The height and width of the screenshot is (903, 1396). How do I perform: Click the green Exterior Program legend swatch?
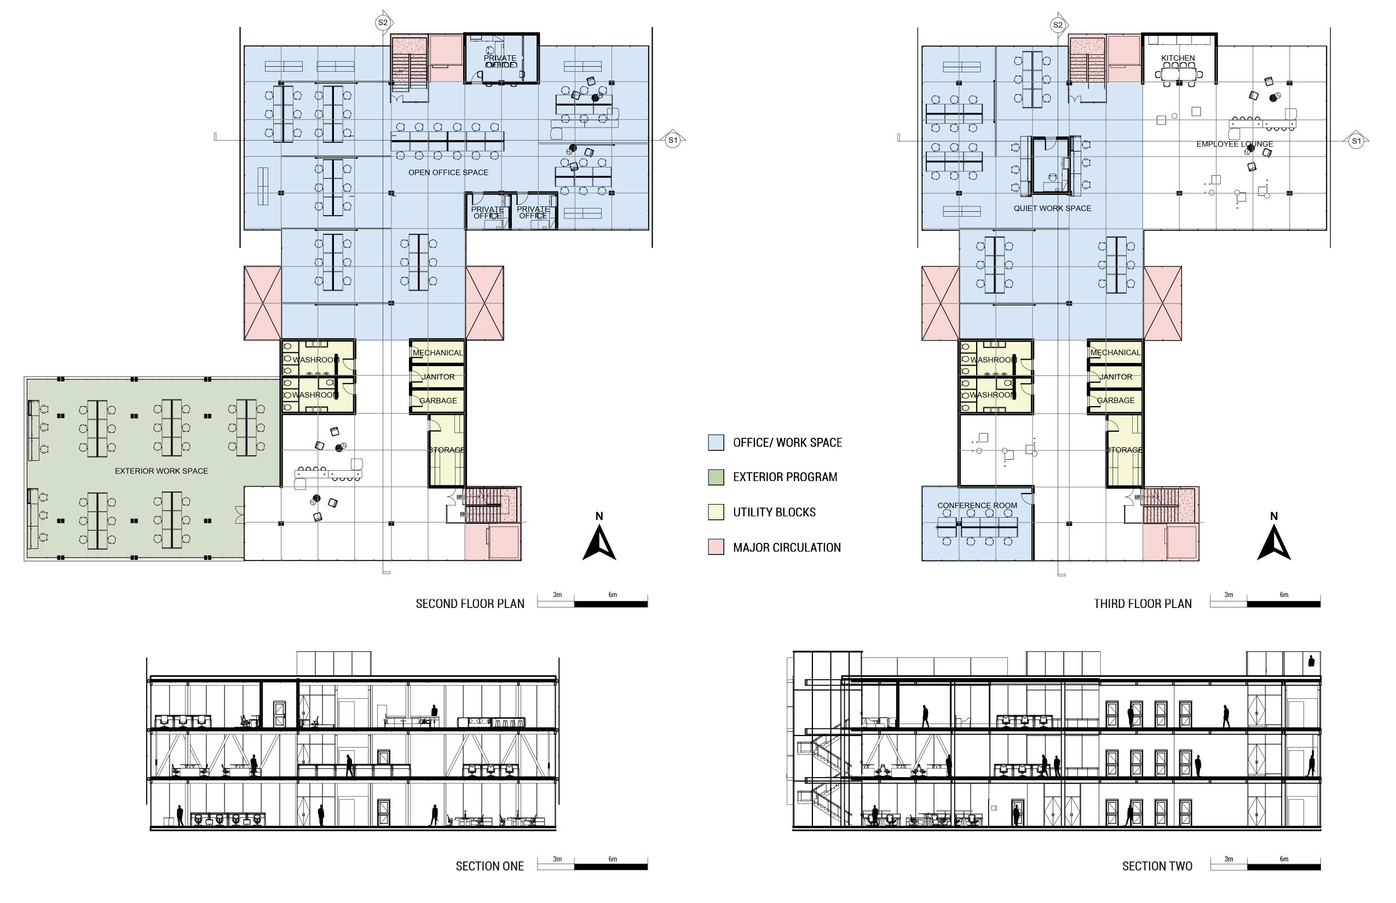click(716, 477)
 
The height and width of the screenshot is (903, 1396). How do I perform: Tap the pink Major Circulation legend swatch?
click(716, 547)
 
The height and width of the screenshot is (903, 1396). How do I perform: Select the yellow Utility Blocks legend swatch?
click(716, 512)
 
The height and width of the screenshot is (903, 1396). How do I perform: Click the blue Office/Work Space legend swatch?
click(716, 443)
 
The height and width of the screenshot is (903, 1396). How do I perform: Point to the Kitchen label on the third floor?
click(1178, 58)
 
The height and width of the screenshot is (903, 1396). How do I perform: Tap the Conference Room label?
click(977, 506)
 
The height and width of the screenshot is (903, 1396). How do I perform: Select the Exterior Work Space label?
click(161, 471)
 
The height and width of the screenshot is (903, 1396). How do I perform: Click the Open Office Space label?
click(448, 172)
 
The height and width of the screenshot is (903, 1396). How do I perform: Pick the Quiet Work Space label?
click(1052, 208)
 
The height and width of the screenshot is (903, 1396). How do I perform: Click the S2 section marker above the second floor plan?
click(383, 23)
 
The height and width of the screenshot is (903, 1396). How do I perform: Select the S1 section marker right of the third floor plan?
click(1355, 141)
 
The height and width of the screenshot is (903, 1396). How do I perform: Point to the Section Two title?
click(1157, 866)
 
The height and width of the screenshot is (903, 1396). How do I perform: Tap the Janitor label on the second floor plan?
click(438, 377)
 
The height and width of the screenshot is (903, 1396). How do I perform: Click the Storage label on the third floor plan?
click(1124, 450)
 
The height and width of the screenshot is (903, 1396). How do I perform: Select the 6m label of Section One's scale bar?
click(613, 859)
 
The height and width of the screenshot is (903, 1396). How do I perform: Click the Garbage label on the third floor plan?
click(1115, 401)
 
